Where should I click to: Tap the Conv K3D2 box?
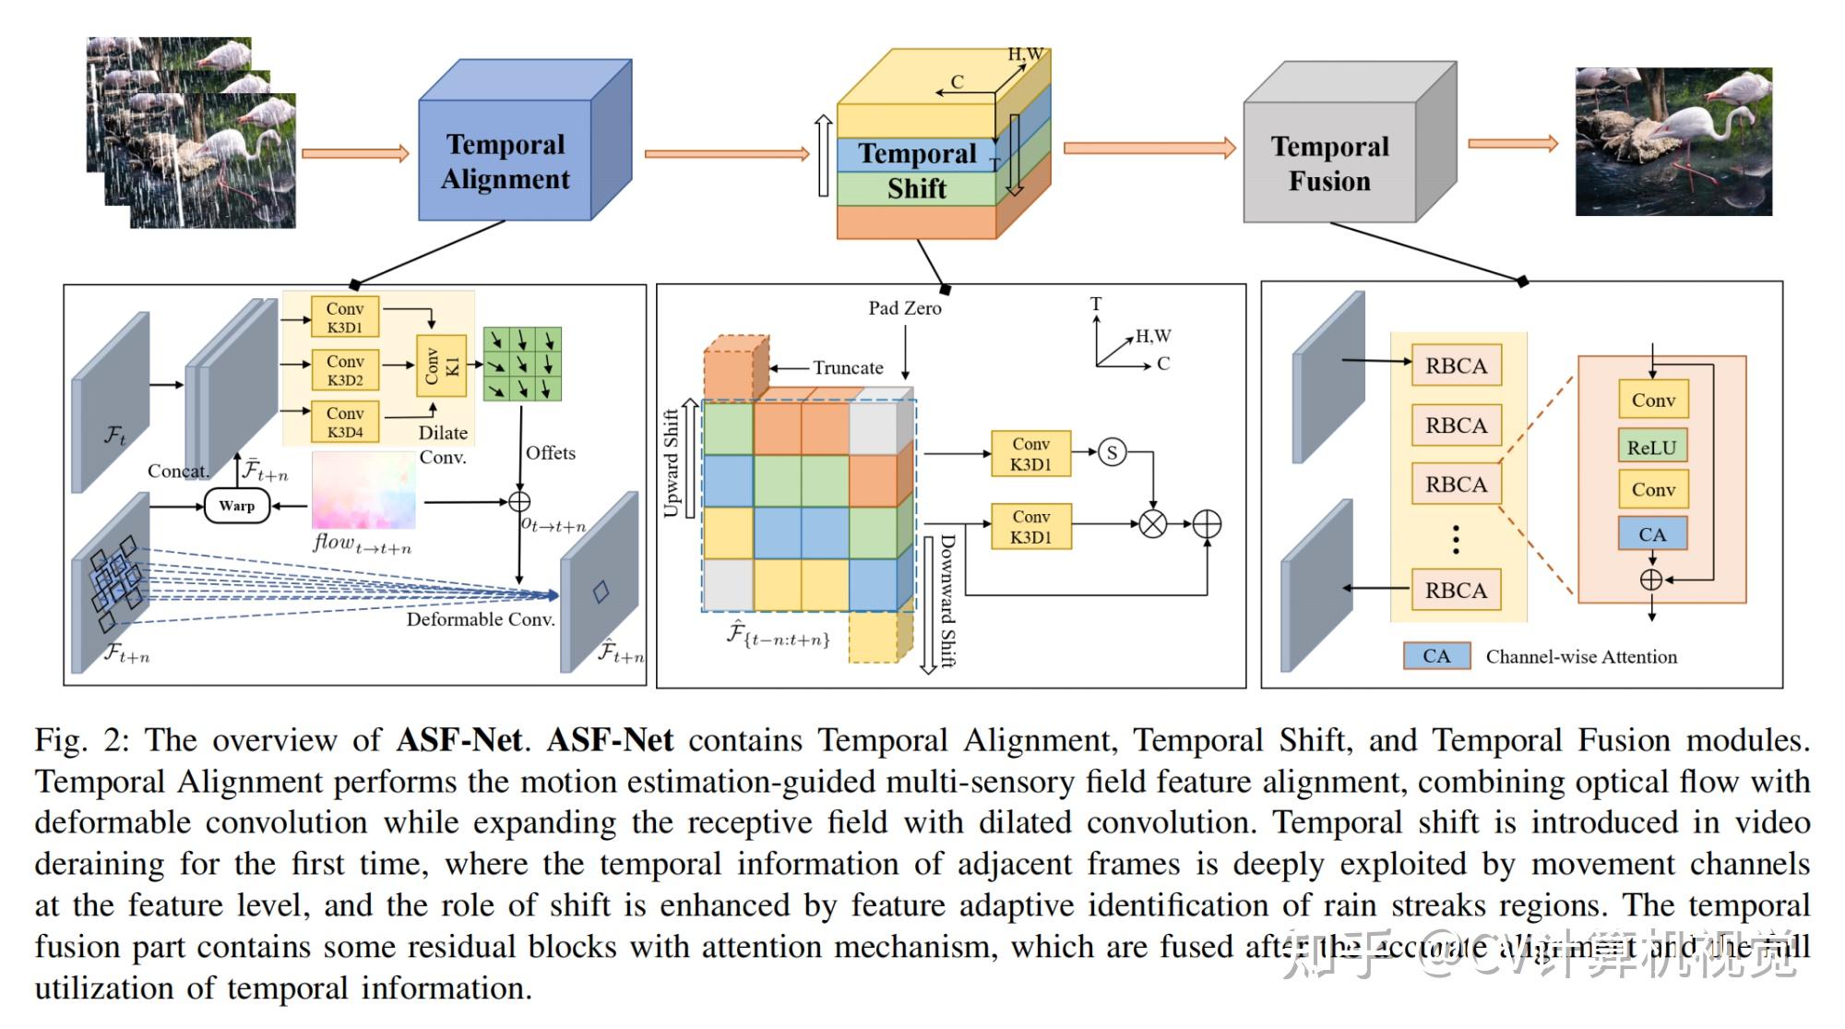tap(344, 370)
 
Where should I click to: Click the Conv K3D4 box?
tap(344, 422)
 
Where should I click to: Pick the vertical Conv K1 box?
tap(442, 366)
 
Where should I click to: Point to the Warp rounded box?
tap(237, 506)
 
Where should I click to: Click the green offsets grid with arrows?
tap(522, 363)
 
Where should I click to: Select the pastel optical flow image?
tap(363, 490)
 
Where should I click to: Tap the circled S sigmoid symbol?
tap(1112, 452)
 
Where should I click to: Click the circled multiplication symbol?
tap(1152, 524)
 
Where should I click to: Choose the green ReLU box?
tap(1651, 447)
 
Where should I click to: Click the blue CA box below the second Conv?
tap(1651, 534)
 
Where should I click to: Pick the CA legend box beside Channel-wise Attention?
tap(1436, 656)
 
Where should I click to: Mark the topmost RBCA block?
tap(1456, 365)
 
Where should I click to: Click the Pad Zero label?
tap(904, 308)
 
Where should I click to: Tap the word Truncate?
tap(848, 367)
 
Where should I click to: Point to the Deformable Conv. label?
tap(481, 619)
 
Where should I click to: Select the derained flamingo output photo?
tap(1672, 141)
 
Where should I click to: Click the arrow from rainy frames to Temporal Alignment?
tap(355, 153)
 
